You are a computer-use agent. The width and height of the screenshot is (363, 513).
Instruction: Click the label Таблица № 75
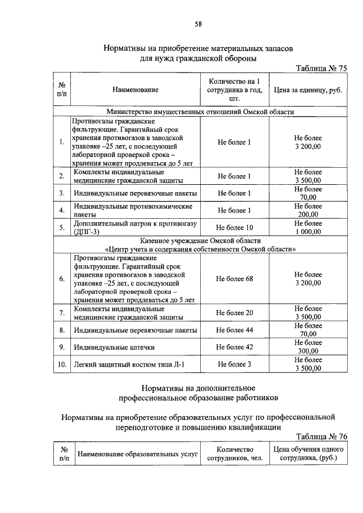321,68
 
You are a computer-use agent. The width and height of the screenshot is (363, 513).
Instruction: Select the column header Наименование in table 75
136,90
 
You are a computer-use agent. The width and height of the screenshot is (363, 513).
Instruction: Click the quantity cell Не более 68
234,279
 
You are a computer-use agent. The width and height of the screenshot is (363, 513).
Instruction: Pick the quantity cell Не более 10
234,228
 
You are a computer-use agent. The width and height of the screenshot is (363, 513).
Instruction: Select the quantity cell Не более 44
234,330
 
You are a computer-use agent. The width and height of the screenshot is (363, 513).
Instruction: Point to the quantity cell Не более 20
234,313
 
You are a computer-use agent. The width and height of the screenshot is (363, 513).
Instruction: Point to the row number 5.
61,228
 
